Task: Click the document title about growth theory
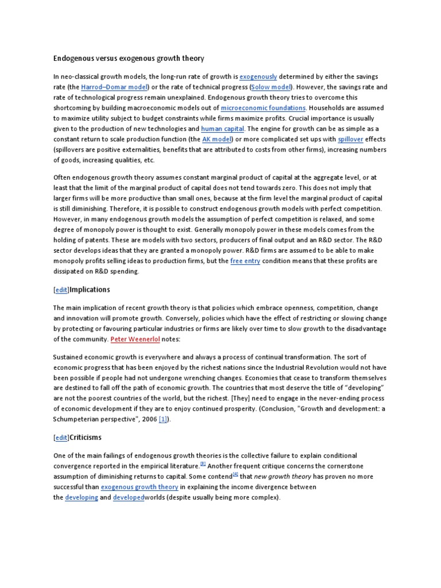(128, 58)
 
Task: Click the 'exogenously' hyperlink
(258, 76)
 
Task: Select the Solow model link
(272, 87)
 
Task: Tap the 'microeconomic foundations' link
(264, 108)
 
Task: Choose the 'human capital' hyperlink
(223, 129)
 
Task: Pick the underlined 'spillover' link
(350, 139)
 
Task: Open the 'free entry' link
(245, 261)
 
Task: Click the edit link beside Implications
(61, 290)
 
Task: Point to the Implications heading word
(90, 290)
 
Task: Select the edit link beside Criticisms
(61, 438)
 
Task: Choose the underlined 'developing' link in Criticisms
(82, 497)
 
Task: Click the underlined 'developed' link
(128, 497)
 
